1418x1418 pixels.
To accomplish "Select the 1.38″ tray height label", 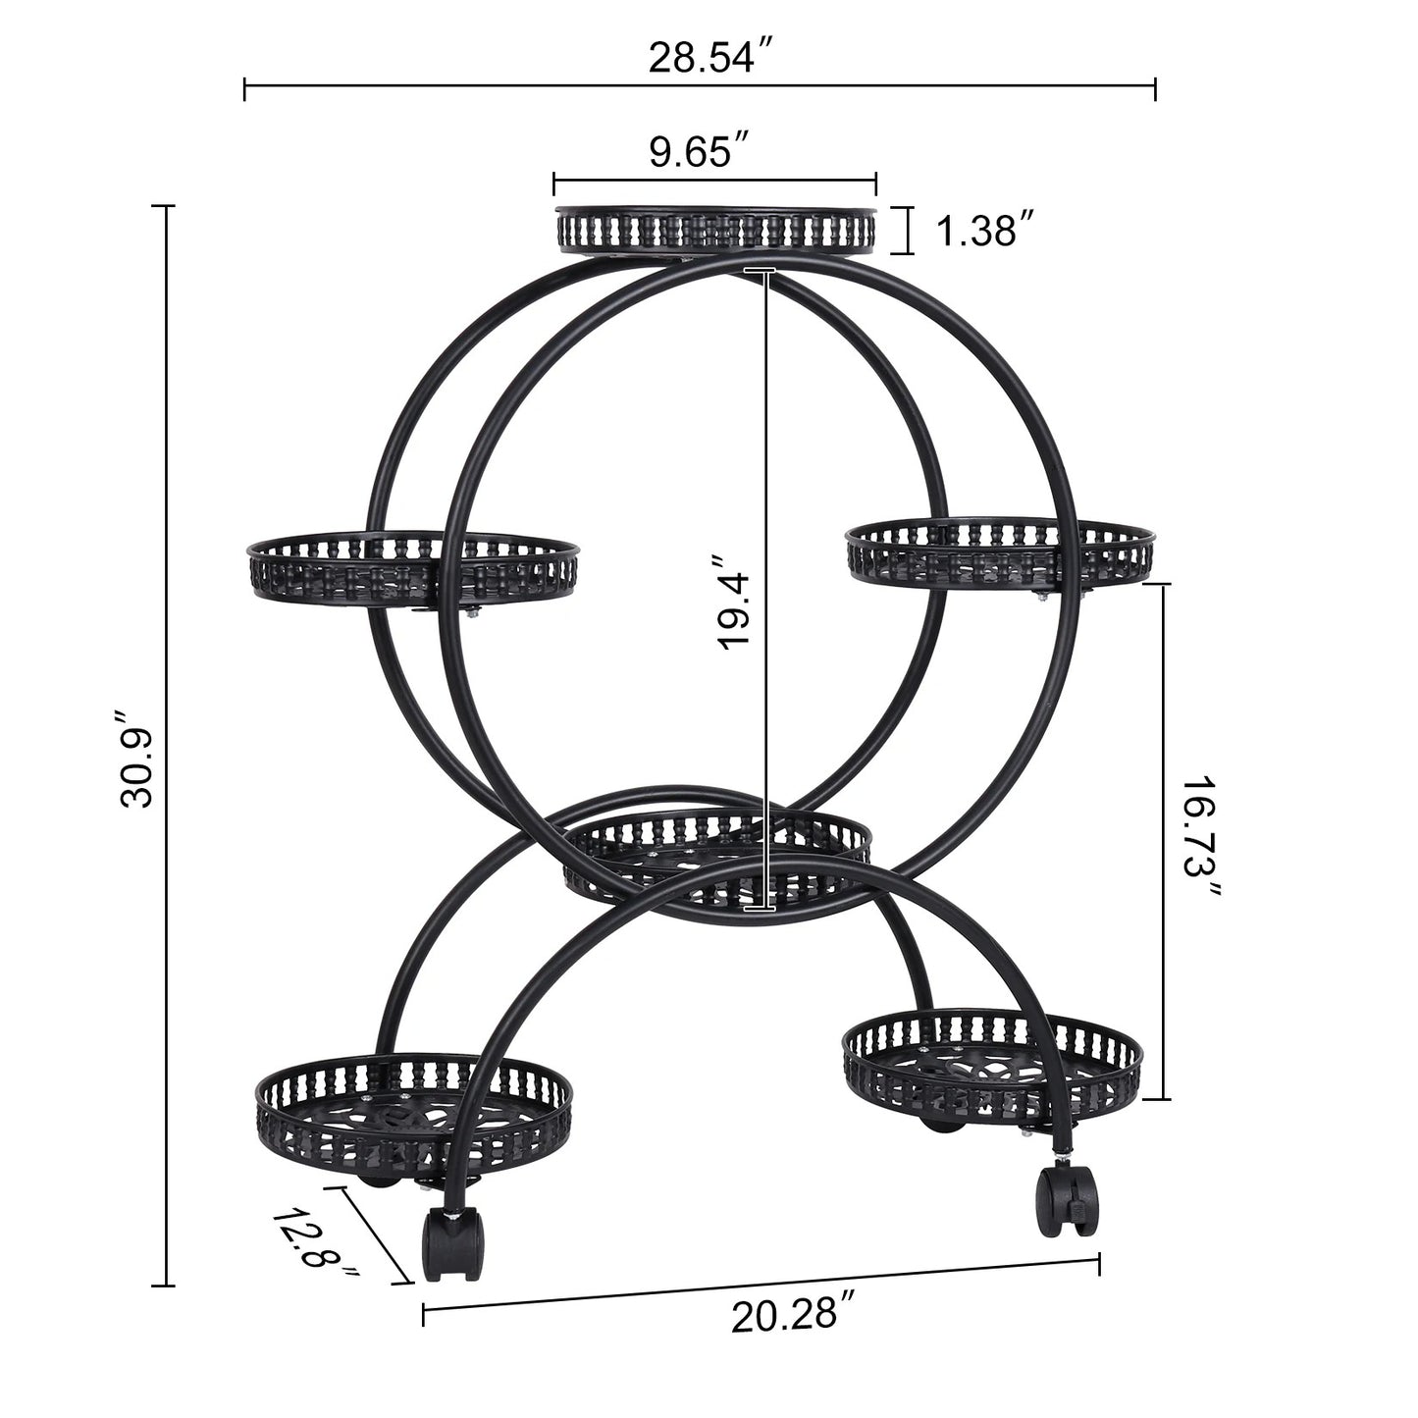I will click(x=986, y=233).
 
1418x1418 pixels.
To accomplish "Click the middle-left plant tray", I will click(x=412, y=568).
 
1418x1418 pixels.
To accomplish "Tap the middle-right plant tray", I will click(x=999, y=553).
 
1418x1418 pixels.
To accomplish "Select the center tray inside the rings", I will click(x=716, y=856).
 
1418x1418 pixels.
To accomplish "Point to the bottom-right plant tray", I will click(x=991, y=1072).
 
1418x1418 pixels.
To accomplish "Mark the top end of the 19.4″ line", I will click(x=761, y=269).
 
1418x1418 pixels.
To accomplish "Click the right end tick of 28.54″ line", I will click(x=1155, y=87).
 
